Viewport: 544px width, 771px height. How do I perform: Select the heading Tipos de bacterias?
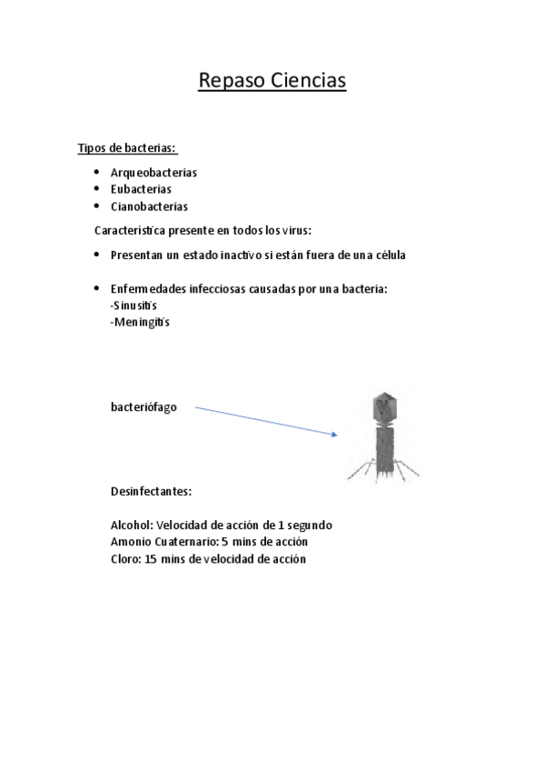[x=127, y=148]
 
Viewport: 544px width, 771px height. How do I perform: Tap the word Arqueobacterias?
[x=153, y=172]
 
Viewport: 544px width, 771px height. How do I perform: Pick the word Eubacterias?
[x=141, y=189]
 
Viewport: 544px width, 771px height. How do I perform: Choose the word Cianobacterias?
[x=149, y=206]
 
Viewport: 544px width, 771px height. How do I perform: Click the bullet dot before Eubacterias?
[x=97, y=189]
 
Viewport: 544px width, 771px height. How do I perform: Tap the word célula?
[x=387, y=255]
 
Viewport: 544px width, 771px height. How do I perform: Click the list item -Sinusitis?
[x=134, y=305]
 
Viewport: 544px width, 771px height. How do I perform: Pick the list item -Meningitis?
[x=140, y=322]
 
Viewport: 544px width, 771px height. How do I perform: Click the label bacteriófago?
[x=143, y=407]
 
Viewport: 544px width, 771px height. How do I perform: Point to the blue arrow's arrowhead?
[x=334, y=435]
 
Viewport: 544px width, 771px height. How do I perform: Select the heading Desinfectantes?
[x=151, y=492]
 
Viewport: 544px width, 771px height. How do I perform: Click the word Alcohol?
[x=132, y=526]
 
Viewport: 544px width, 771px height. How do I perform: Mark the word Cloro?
[x=124, y=559]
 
